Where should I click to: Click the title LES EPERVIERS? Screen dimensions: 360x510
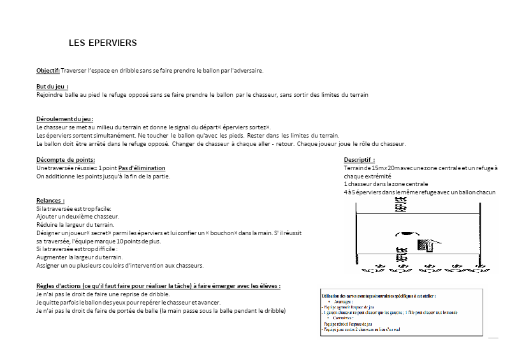click(x=103, y=43)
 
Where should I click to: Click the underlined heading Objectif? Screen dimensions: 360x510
click(x=48, y=71)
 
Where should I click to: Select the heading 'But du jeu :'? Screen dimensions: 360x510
click(x=52, y=86)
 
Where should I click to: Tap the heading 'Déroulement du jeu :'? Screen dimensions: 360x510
click(x=65, y=119)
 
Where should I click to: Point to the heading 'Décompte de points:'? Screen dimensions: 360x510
click(x=66, y=160)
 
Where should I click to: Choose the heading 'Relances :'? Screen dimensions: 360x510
click(x=50, y=201)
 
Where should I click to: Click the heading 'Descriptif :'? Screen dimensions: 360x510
click(x=360, y=160)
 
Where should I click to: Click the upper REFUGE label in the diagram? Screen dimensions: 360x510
click(x=401, y=204)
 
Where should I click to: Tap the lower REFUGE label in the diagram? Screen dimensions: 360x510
click(x=401, y=252)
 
